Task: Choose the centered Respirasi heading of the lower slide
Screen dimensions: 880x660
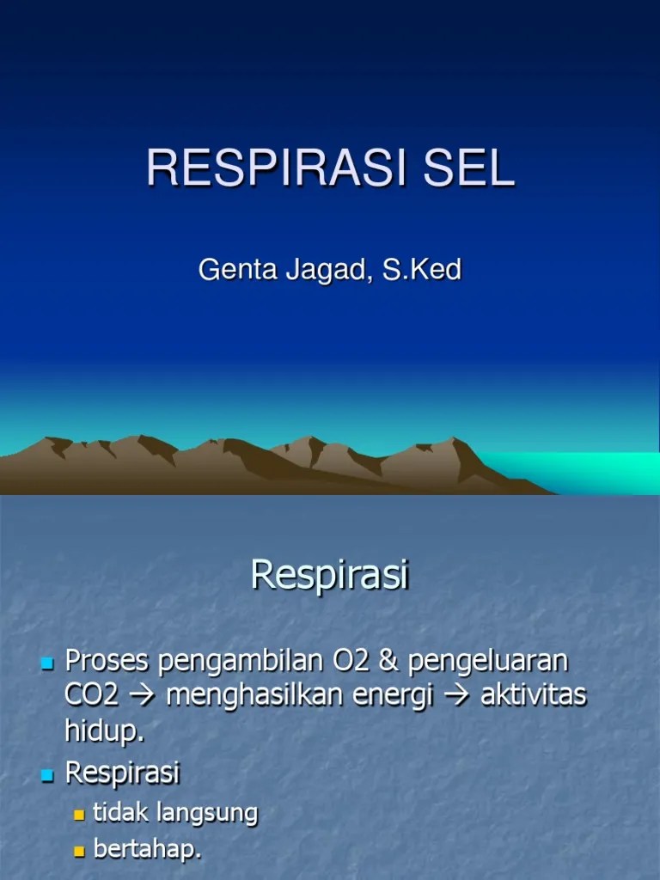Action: [329, 576]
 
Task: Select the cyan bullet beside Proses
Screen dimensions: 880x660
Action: [47, 663]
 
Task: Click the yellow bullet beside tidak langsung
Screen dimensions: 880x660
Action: [80, 813]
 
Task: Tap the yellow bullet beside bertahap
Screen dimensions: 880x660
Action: [80, 851]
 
